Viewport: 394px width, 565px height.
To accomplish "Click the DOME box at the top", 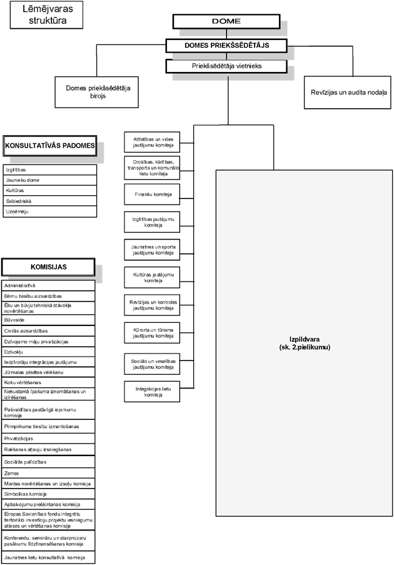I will point(226,21).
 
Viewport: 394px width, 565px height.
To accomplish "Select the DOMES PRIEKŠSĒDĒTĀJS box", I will point(226,46).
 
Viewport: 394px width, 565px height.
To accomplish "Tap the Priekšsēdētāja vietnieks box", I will point(226,65).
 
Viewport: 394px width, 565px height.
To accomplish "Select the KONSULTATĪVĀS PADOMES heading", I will point(50,146).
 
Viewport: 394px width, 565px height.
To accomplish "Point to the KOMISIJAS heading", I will point(49,267).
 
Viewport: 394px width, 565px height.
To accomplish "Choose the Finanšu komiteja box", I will point(152,195).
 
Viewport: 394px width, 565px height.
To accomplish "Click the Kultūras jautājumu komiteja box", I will point(152,277).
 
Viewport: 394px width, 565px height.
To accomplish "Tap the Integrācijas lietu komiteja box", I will point(152,392).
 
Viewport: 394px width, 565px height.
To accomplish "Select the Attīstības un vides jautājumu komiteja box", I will point(152,141).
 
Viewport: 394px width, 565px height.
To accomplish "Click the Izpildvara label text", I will point(305,344).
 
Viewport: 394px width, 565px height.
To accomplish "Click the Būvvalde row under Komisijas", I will point(49,319).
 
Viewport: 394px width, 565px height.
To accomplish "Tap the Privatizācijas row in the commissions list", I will point(49,439).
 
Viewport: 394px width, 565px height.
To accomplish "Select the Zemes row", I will point(49,473).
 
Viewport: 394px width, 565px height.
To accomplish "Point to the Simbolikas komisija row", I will point(49,494).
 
